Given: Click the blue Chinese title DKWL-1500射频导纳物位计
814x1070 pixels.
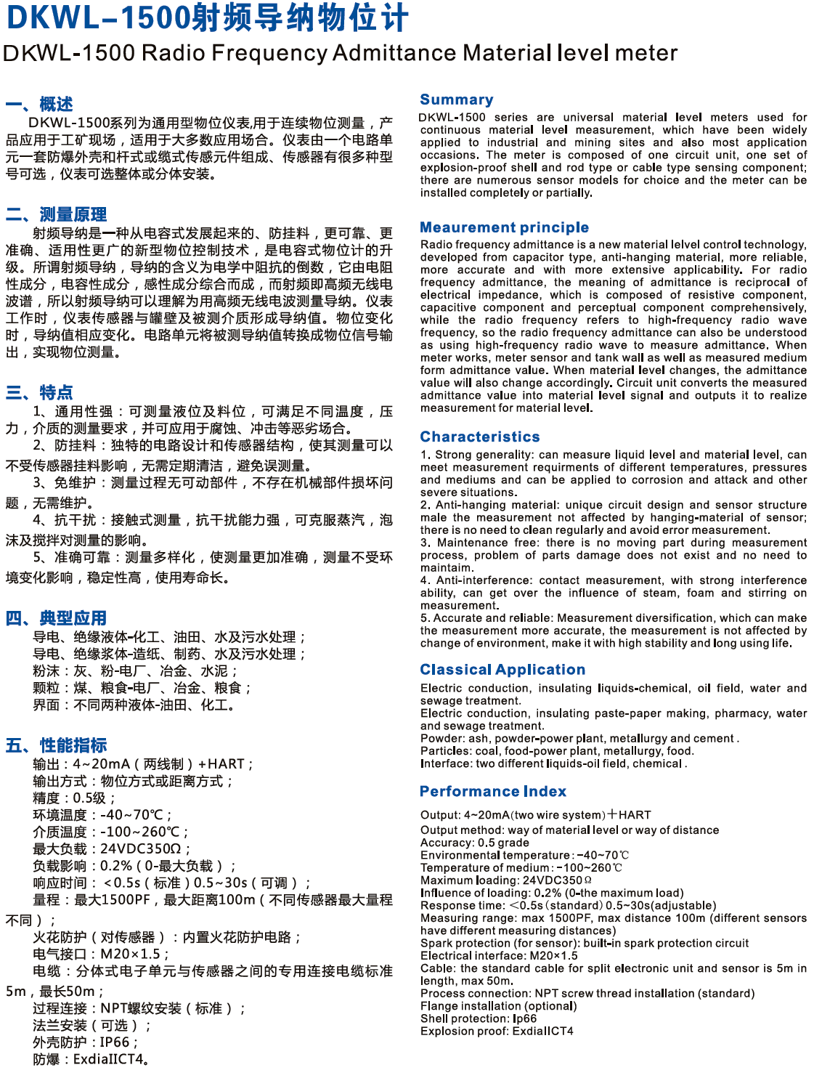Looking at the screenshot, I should pyautogui.click(x=207, y=18).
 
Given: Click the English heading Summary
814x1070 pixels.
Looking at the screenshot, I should pyautogui.click(x=456, y=100).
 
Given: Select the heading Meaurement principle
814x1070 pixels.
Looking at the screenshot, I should pyautogui.click(x=504, y=227).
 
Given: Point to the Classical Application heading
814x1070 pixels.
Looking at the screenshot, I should pyautogui.click(x=502, y=670).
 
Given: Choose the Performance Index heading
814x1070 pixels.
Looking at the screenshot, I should pyautogui.click(x=492, y=791).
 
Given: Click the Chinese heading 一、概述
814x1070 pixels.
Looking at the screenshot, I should pyautogui.click(x=39, y=104).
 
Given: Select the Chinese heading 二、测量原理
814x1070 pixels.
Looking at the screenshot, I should pyautogui.click(x=56, y=214).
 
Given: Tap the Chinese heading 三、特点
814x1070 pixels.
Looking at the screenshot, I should pyautogui.click(x=39, y=393).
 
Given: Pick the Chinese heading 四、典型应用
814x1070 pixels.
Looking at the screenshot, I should pyautogui.click(x=56, y=618).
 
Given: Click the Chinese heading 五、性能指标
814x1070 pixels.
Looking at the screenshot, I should pyautogui.click(x=56, y=745).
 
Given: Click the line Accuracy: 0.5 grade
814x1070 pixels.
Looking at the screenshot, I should pyautogui.click(x=474, y=843).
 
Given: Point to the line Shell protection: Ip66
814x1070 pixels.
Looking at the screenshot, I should pyautogui.click(x=478, y=1018).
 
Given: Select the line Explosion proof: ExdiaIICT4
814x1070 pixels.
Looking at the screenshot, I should pyautogui.click(x=496, y=1031).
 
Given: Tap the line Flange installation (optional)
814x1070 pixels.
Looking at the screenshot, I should pyautogui.click(x=498, y=1006).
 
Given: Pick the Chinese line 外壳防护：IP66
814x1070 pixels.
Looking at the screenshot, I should pyautogui.click(x=84, y=1042).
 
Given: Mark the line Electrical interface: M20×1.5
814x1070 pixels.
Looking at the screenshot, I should pyautogui.click(x=499, y=956).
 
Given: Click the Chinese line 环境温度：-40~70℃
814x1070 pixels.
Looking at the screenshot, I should pyautogui.click(x=102, y=815).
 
